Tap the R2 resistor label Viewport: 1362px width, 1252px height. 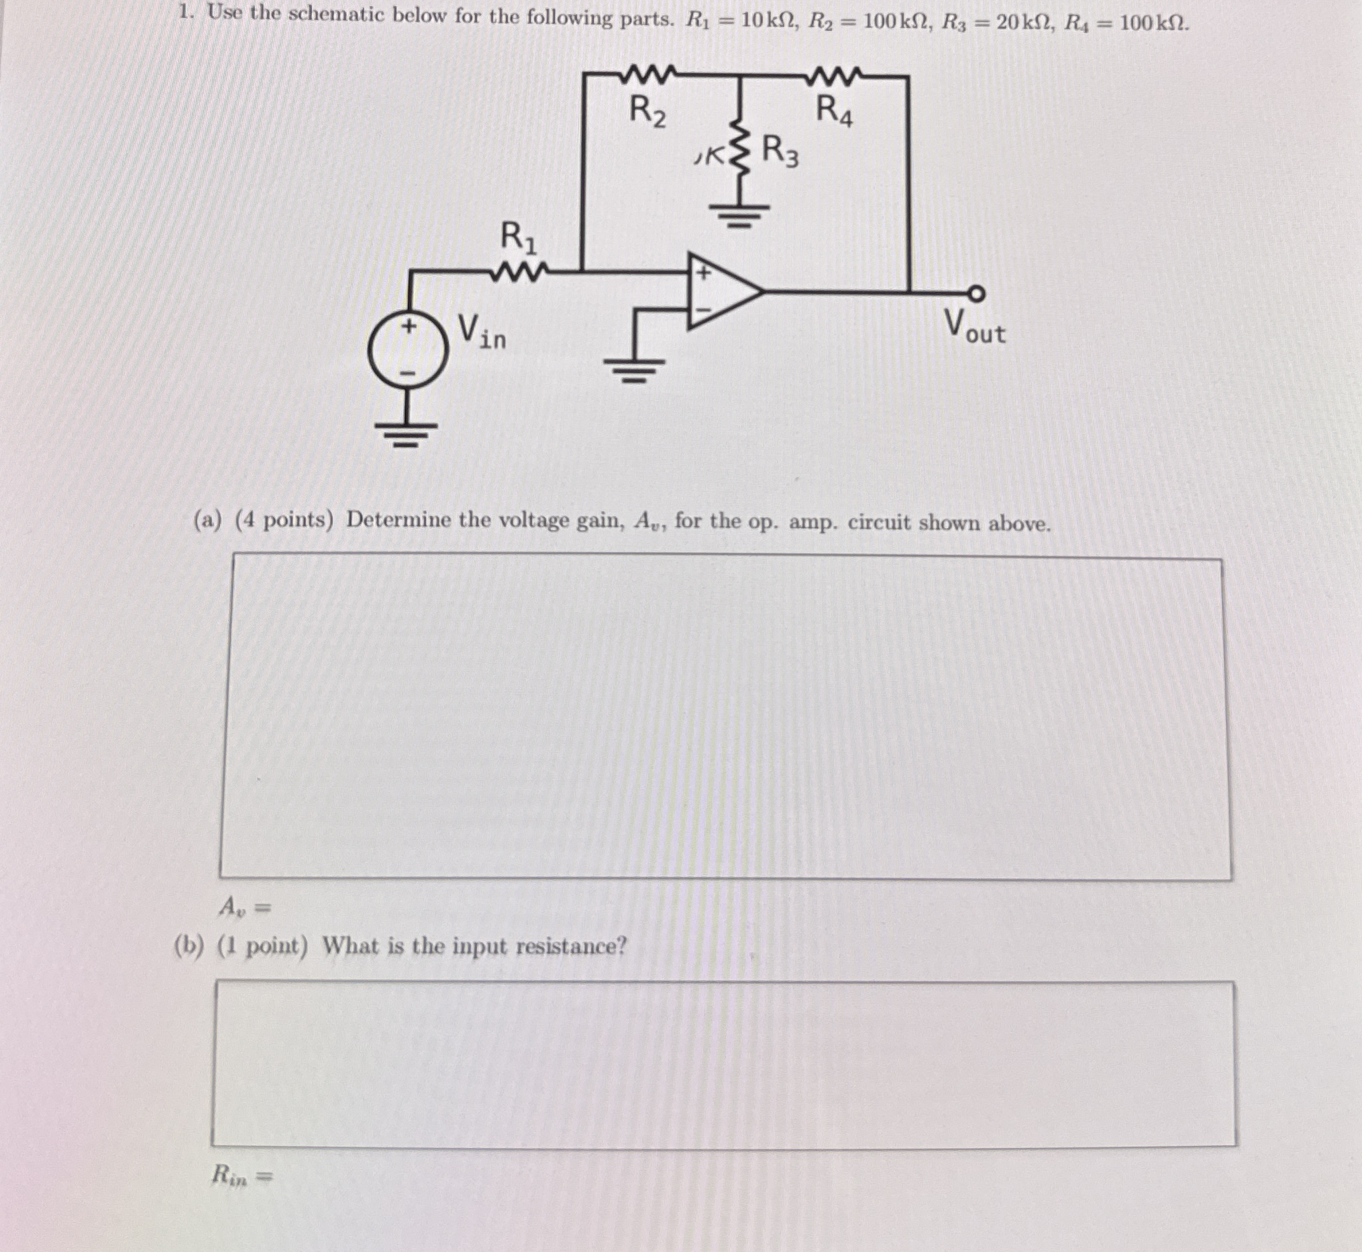648,111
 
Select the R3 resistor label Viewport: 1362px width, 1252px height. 780,151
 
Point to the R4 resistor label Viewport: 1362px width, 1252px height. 834,111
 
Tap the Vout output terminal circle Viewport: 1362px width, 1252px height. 976,293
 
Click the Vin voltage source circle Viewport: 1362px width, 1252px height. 408,350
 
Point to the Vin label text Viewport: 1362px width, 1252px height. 482,331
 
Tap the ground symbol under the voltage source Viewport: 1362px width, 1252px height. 407,433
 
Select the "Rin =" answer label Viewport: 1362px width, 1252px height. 242,1175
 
